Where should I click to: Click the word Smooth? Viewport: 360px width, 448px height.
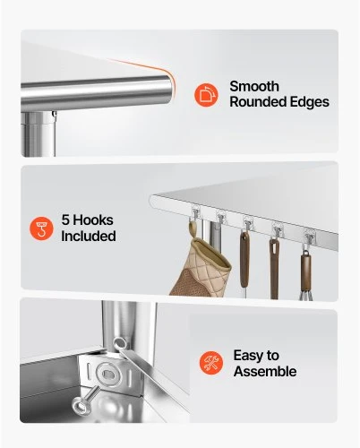pos(254,87)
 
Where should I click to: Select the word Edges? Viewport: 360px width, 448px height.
pos(310,102)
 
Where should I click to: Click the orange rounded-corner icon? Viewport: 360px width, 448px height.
pos(206,95)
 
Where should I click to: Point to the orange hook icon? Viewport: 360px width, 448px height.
pos(41,228)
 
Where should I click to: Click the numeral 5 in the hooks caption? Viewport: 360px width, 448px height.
pos(65,220)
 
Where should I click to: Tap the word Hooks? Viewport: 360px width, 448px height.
pos(93,220)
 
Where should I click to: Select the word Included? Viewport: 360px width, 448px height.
pos(89,236)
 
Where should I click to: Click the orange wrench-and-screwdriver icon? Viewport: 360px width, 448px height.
pos(211,363)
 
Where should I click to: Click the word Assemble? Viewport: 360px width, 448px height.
pos(265,371)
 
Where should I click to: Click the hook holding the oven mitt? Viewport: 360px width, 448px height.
pos(195,216)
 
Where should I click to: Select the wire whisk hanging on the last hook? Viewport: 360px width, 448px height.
pos(306,293)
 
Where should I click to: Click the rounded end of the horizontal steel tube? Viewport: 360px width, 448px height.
pos(168,89)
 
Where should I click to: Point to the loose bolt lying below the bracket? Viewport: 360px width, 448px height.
pos(85,401)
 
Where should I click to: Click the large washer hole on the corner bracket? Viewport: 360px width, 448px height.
pos(108,374)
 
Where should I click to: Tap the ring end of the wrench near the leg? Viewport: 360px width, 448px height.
pos(120,344)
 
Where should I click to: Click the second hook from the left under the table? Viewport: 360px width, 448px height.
pos(220,219)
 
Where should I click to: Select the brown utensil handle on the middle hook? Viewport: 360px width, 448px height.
pos(244,258)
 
